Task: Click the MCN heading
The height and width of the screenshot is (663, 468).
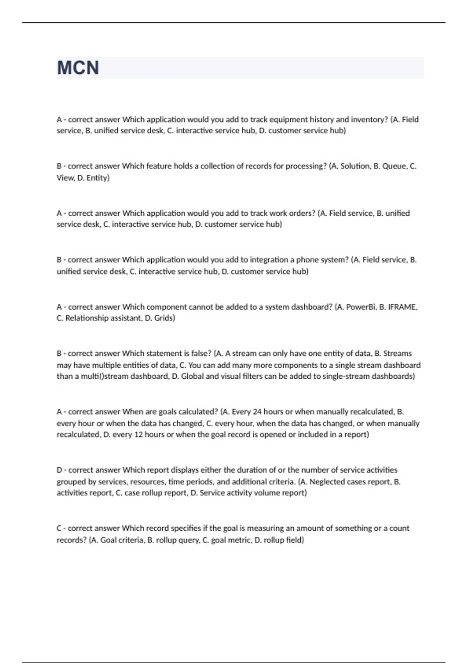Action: tap(78, 68)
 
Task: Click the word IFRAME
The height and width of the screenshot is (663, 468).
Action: tap(402, 307)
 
